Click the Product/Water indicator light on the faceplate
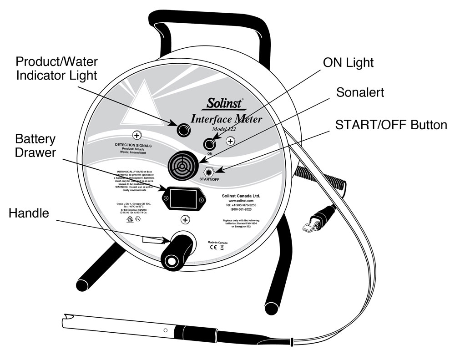click(x=183, y=130)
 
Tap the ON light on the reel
click(x=209, y=144)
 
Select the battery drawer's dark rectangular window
click(x=183, y=199)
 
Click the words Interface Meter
click(x=226, y=119)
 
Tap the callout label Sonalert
click(x=360, y=92)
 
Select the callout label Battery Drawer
click(x=36, y=146)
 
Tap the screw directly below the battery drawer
click(x=185, y=220)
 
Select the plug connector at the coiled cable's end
click(x=314, y=223)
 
